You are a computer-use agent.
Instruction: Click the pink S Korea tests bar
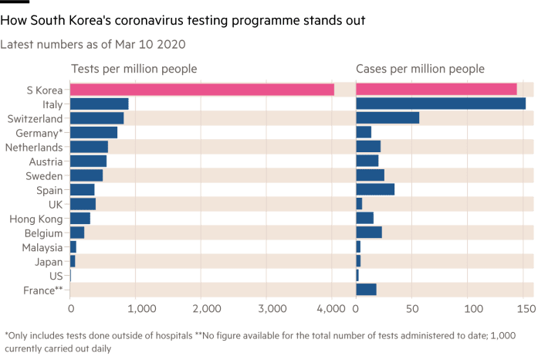202,90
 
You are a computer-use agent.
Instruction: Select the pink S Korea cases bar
436,90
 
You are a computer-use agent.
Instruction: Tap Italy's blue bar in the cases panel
441,104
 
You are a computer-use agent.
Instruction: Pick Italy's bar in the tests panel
100,104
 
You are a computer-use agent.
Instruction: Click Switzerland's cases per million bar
387,118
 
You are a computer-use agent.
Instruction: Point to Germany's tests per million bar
93,132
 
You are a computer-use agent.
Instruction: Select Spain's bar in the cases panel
375,189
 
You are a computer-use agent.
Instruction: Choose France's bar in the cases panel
366,290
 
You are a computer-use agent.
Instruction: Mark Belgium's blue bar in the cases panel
369,233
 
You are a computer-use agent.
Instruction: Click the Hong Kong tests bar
80,218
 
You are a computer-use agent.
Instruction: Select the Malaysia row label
43,246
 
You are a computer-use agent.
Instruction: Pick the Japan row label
49,261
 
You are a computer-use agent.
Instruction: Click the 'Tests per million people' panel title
134,68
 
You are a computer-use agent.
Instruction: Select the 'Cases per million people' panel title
420,68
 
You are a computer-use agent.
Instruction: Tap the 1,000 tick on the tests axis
135,308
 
